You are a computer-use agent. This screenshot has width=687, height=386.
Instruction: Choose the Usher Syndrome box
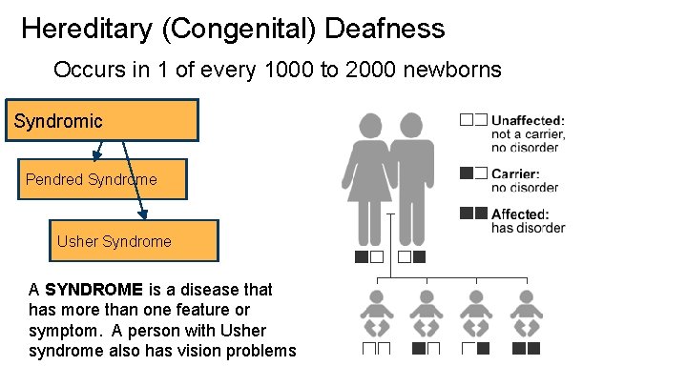click(134, 241)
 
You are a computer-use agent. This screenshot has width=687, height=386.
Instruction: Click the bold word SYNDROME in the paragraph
click(93, 289)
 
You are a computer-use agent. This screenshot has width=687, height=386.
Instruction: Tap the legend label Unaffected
click(528, 120)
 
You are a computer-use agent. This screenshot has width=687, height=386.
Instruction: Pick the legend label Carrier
click(515, 174)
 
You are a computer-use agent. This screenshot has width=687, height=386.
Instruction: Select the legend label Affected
click(520, 214)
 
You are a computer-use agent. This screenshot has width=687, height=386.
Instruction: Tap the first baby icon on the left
click(376, 315)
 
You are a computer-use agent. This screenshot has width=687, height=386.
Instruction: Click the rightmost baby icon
click(526, 315)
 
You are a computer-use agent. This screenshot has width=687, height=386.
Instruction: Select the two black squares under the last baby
click(526, 349)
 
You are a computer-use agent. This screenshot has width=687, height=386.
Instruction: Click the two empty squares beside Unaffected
click(473, 120)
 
